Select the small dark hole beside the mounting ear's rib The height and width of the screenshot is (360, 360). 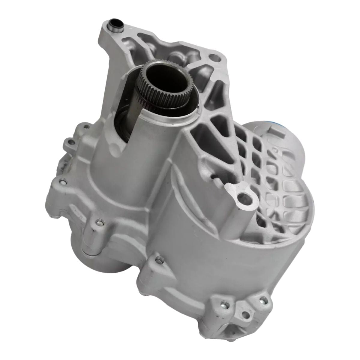214,177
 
